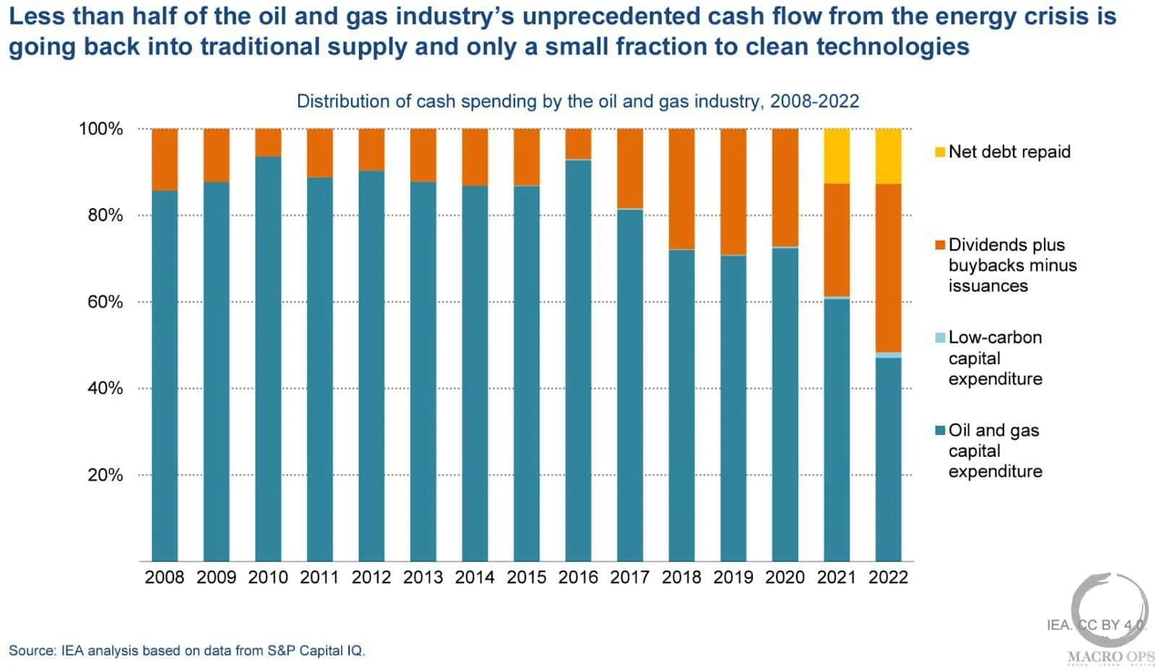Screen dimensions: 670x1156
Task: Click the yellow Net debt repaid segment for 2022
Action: click(x=888, y=156)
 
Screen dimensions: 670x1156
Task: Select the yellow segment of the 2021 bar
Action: click(x=837, y=156)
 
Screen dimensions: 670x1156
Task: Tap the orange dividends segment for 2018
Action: click(x=681, y=189)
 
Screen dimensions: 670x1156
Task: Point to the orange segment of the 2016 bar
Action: click(x=578, y=144)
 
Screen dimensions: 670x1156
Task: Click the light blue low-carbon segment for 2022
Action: click(x=888, y=355)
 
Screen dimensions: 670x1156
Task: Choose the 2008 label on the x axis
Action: click(x=165, y=577)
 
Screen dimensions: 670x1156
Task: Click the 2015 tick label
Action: click(x=527, y=577)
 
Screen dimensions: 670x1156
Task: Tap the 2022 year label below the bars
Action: click(x=888, y=577)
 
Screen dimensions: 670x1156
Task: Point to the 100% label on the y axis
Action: click(x=101, y=129)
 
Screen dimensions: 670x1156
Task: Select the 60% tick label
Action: click(x=105, y=302)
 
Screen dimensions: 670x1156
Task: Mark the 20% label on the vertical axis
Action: click(x=105, y=475)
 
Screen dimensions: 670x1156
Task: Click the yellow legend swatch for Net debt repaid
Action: click(x=940, y=152)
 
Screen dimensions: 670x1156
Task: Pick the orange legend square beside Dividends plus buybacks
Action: click(x=940, y=245)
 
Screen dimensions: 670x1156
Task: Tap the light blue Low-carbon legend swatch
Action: click(x=940, y=338)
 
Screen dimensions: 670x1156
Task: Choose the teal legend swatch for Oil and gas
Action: click(x=940, y=431)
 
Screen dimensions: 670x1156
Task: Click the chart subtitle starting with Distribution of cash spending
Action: click(x=578, y=101)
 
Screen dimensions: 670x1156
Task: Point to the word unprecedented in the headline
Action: click(x=609, y=16)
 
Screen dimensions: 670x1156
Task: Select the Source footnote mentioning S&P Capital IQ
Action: click(x=187, y=650)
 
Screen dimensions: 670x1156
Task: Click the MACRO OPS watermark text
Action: click(x=1110, y=657)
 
